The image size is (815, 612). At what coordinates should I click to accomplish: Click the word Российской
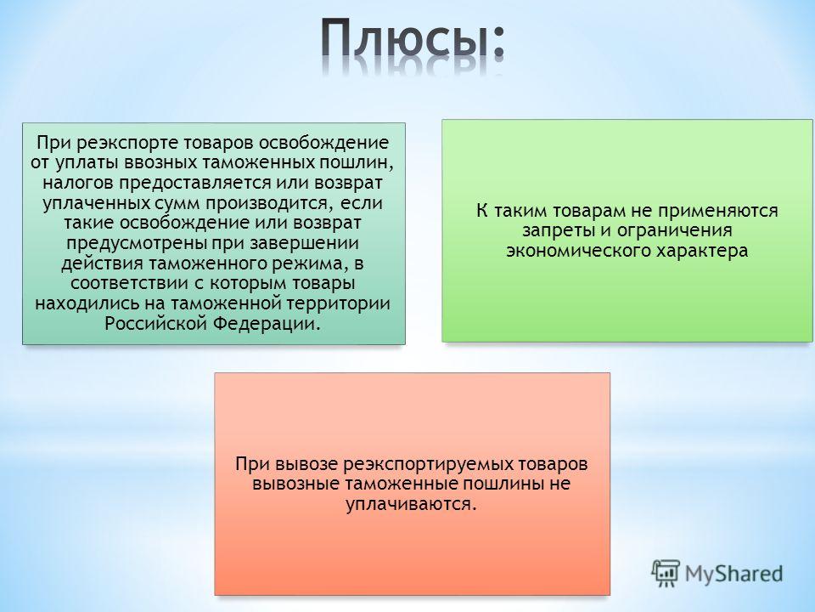pyautogui.click(x=156, y=324)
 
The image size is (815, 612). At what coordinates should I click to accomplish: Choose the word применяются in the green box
pyautogui.click(x=718, y=211)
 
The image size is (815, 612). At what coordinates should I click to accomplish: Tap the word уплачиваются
pyautogui.click(x=411, y=504)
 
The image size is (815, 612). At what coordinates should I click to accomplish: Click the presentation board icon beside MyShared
pyautogui.click(x=666, y=574)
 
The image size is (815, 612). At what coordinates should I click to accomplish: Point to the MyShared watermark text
pyautogui.click(x=733, y=574)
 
